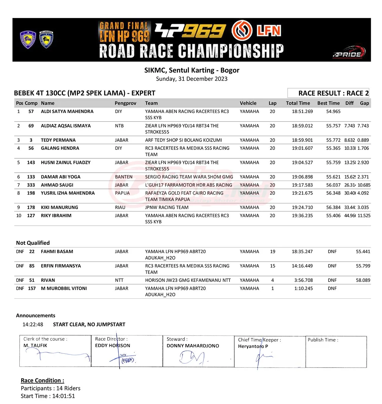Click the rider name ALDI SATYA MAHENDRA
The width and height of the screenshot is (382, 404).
click(x=67, y=112)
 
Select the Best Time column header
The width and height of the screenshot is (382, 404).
click(x=328, y=103)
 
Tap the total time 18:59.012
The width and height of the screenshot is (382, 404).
click(x=302, y=126)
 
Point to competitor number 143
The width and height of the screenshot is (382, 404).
click(x=31, y=162)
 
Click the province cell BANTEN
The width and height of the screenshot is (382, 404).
click(x=123, y=177)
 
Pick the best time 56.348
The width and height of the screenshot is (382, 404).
click(x=333, y=193)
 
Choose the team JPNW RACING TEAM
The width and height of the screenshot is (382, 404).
click(x=167, y=207)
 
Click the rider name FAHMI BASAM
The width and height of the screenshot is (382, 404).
click(x=57, y=252)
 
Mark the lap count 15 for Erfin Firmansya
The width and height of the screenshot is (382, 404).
click(x=272, y=266)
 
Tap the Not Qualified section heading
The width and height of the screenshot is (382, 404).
click(x=33, y=243)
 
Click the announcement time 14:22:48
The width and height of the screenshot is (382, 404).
click(x=33, y=325)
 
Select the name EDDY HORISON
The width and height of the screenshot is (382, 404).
click(x=113, y=345)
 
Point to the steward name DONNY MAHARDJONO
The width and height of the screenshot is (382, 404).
click(x=193, y=346)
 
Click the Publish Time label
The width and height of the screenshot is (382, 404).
click(x=323, y=340)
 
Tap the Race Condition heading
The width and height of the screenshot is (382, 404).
click(x=42, y=380)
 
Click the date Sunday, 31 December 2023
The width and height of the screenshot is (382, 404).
click(x=192, y=79)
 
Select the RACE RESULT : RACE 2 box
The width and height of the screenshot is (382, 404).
click(x=328, y=93)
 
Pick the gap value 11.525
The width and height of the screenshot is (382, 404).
click(x=364, y=216)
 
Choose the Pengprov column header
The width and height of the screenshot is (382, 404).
click(x=125, y=103)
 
